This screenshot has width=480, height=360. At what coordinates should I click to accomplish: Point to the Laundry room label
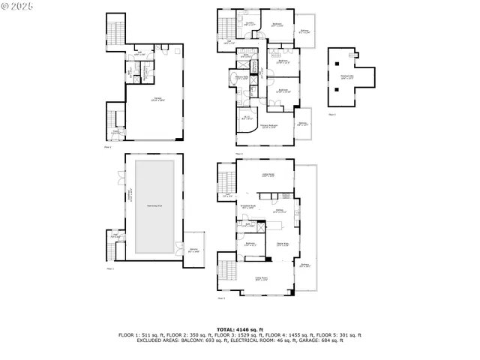pyautogui.click(x=250, y=23)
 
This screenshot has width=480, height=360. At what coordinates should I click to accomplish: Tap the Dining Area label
pyautogui.click(x=283, y=244)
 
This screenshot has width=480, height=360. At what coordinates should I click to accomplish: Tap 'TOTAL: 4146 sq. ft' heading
pyautogui.click(x=239, y=329)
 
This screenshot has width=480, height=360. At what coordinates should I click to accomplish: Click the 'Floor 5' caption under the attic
pyautogui.click(x=332, y=114)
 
